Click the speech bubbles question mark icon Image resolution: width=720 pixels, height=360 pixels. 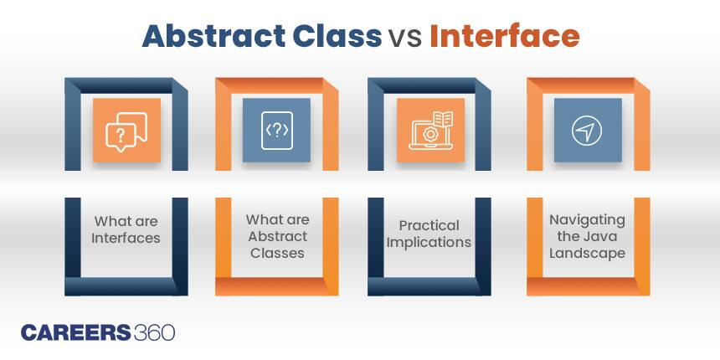click(126, 131)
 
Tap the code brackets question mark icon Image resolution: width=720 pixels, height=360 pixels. click(276, 131)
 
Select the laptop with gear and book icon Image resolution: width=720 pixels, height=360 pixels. click(430, 131)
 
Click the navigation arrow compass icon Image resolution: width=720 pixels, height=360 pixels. click(587, 131)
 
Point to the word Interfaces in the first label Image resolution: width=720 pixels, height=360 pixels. click(126, 238)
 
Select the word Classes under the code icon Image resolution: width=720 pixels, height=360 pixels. click(276, 252)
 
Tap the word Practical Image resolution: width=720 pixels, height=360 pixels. click(429, 226)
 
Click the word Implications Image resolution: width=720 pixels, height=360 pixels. click(429, 243)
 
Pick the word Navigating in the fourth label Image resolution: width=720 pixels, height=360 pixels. click(587, 219)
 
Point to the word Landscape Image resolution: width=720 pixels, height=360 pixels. click(587, 253)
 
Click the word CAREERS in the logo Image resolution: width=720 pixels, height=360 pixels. click(75, 332)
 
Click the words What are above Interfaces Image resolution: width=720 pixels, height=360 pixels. click(126, 221)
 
